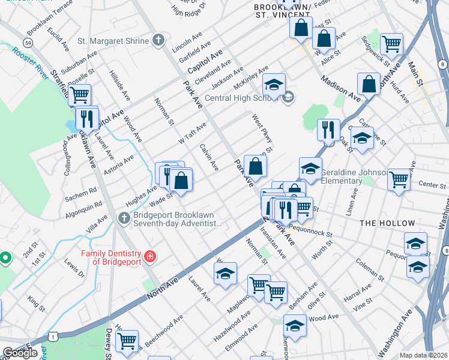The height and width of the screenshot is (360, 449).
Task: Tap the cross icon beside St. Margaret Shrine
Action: click(158, 41)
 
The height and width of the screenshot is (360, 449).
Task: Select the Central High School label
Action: click(243, 98)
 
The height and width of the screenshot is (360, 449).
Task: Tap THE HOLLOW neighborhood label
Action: click(387, 223)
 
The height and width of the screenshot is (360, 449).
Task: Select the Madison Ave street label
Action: click(340, 88)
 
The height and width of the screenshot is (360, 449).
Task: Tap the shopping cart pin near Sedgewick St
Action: click(391, 43)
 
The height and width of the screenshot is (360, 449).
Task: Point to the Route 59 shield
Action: click(28, 43)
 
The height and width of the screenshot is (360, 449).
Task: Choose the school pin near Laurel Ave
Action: click(224, 274)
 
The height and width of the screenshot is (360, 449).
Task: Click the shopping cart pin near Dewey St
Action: click(127, 341)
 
